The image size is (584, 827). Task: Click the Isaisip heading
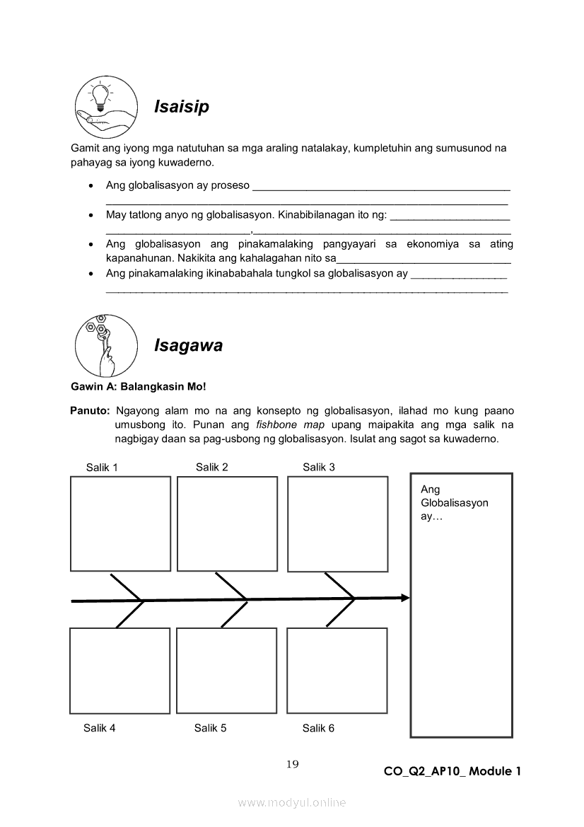pos(182,107)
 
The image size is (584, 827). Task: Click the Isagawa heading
pos(188,346)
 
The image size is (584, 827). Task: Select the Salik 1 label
pos(102,467)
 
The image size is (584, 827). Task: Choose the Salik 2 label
pos(212,467)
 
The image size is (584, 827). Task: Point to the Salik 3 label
pos(319,467)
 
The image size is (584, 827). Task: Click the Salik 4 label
pos(100,728)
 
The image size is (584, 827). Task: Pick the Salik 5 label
pos(211,728)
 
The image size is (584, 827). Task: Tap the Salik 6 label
pos(319,728)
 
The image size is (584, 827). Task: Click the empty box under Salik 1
pos(121,524)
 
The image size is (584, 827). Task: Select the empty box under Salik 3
pos(338,524)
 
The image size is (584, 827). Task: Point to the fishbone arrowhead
pos(406,598)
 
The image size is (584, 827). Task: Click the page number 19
pos(293,764)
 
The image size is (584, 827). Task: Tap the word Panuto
pos(90,411)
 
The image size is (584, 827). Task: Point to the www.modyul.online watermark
pos(292,802)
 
